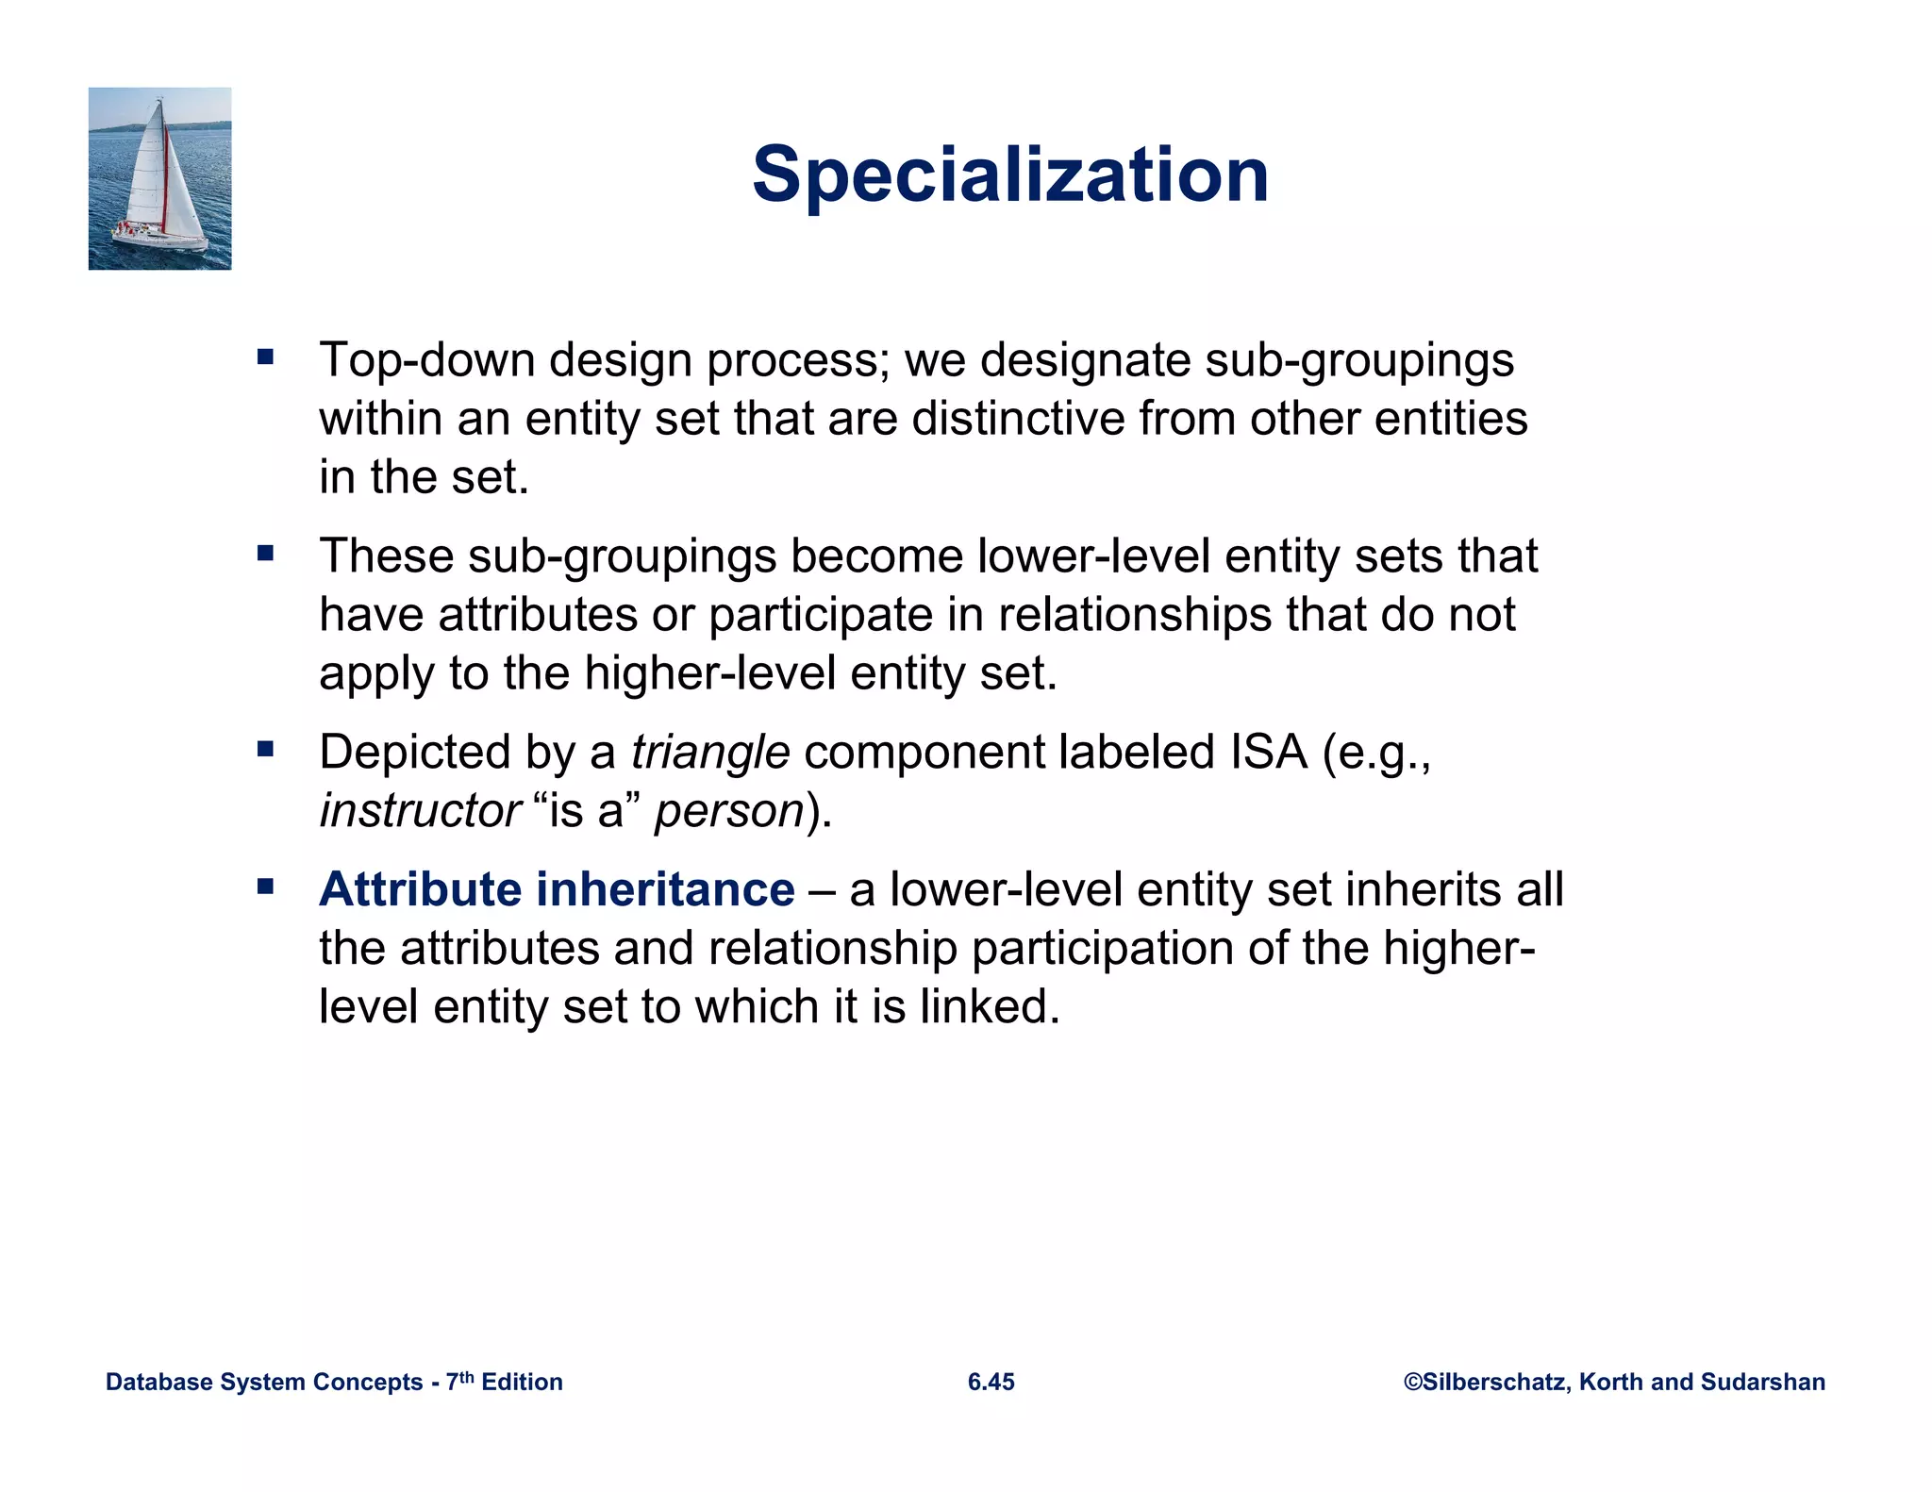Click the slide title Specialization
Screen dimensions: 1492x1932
[1010, 175]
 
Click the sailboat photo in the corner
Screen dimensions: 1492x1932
[159, 178]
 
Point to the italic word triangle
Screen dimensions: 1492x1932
[710, 753]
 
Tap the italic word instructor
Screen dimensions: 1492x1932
[420, 811]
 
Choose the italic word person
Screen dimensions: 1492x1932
[728, 811]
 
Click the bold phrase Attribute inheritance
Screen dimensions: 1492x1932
[557, 889]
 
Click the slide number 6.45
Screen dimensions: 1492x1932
[991, 1382]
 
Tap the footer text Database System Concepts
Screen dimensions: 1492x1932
[264, 1383]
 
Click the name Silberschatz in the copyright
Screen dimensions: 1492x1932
[1493, 1382]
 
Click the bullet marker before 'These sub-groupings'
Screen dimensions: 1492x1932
[265, 554]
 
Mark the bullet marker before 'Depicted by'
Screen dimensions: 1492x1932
[265, 750]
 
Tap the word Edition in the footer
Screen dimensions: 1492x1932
[522, 1383]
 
